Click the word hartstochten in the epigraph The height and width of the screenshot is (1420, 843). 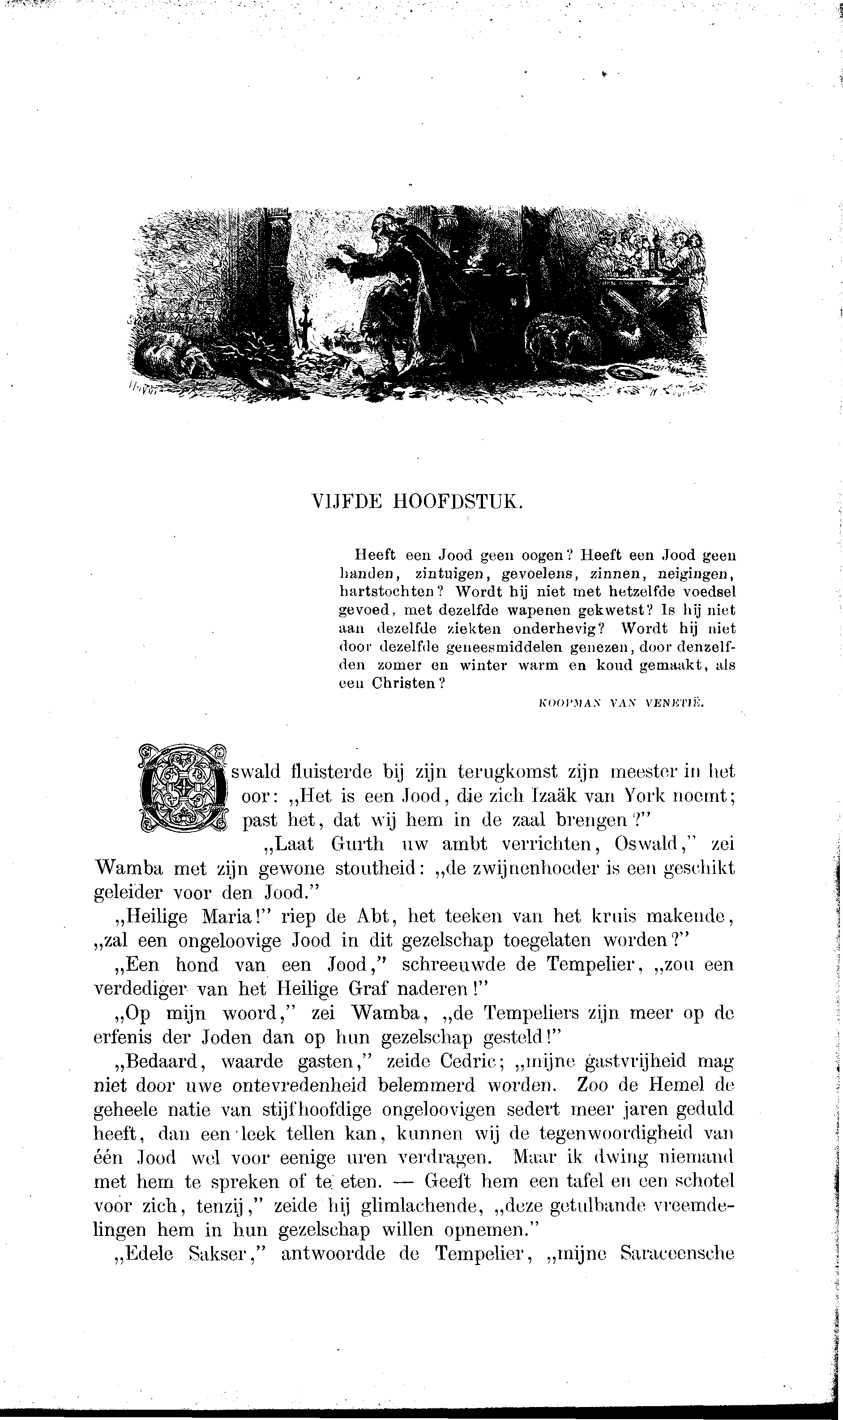[x=386, y=592]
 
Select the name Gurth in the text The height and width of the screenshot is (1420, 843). [x=357, y=844]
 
